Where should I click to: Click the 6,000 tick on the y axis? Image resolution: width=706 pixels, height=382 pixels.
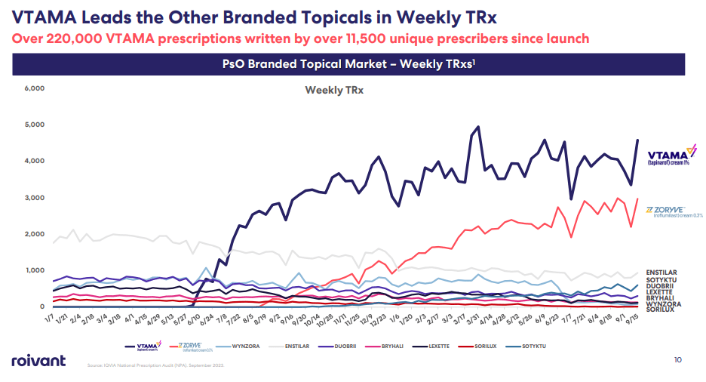click(x=35, y=88)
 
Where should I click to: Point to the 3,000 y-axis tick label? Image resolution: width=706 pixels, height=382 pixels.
click(x=35, y=198)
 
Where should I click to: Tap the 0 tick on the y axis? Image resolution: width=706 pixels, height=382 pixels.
click(x=42, y=307)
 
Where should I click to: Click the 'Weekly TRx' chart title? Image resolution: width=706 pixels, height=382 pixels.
click(x=333, y=91)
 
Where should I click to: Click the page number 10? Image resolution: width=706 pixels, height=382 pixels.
click(x=677, y=359)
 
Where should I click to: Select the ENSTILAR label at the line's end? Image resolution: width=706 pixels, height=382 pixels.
click(x=661, y=273)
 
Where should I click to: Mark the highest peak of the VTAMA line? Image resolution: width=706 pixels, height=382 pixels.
click(x=478, y=127)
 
